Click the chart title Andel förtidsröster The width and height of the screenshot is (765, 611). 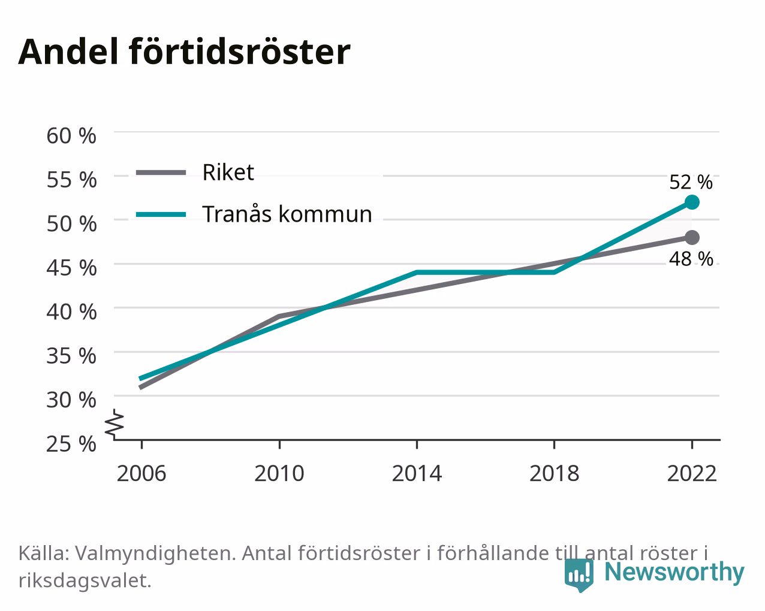184,52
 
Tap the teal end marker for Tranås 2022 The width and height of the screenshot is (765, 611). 692,202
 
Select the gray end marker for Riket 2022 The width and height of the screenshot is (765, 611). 692,237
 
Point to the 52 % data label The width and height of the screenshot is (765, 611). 691,182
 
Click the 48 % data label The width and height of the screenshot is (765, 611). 691,259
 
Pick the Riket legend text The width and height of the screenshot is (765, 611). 228,173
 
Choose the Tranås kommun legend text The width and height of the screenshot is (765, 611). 287,214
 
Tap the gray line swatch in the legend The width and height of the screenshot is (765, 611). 161,173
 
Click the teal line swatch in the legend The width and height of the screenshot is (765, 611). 161,214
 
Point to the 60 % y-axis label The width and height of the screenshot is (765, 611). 71,136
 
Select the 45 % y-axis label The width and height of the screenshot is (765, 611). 71,268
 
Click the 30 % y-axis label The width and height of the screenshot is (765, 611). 71,400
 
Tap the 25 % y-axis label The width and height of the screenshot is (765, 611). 71,444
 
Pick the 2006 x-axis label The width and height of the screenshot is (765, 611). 141,473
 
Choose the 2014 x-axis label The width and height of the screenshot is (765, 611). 417,473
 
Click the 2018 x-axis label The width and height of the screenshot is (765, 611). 554,473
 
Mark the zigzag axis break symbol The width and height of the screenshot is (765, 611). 115,423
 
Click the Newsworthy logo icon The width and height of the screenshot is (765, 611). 579,575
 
